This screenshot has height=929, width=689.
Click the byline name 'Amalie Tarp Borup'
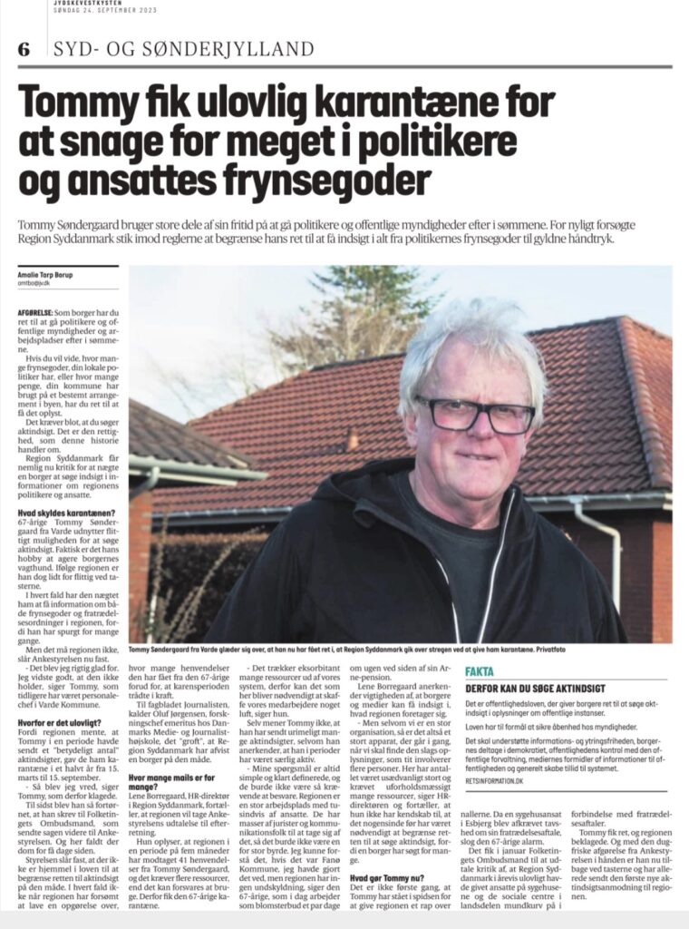coord(46,273)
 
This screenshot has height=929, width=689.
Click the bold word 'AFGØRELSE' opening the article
coord(34,310)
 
